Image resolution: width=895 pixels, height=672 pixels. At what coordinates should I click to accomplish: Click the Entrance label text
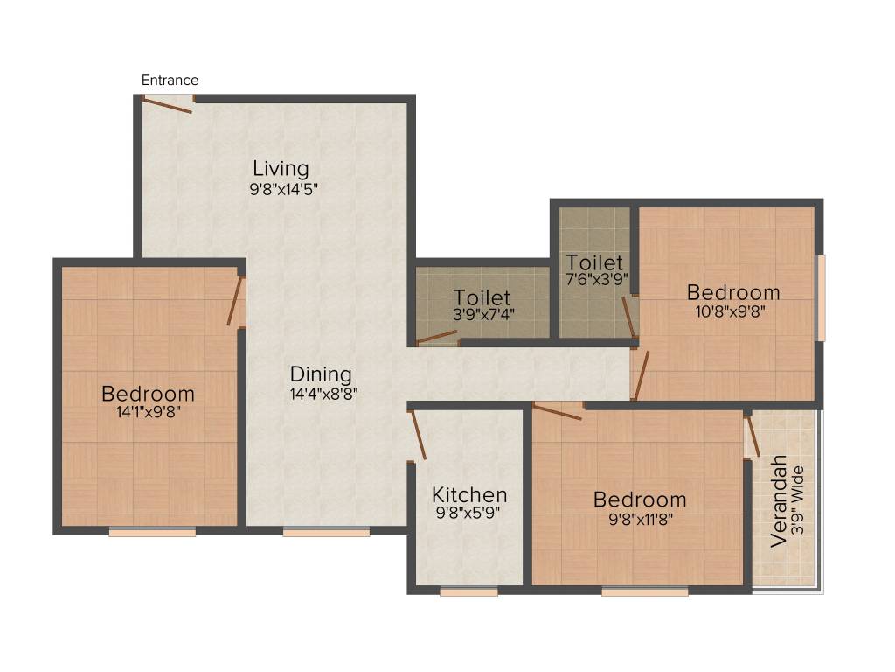tap(170, 80)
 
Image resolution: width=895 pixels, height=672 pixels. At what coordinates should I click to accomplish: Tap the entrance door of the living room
tap(168, 104)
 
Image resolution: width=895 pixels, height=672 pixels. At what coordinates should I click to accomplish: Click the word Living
tap(281, 167)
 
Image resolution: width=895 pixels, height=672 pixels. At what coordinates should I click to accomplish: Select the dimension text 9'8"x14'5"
tap(281, 187)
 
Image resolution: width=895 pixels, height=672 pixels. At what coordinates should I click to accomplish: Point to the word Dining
tap(321, 374)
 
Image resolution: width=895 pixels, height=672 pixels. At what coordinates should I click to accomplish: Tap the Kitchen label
tap(469, 495)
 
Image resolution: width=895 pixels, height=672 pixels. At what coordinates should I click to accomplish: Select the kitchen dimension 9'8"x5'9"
tap(469, 514)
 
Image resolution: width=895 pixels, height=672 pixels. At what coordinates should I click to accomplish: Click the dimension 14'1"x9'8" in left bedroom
tap(148, 412)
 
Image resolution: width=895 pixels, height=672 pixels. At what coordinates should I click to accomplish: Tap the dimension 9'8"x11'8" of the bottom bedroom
tap(640, 518)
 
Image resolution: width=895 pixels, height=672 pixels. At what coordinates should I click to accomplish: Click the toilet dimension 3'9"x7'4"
tap(482, 317)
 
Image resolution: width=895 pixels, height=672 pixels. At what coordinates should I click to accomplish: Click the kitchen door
tap(417, 433)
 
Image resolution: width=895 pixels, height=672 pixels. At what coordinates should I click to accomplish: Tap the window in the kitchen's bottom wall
tap(468, 592)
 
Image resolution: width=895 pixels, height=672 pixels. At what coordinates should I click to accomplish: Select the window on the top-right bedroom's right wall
tap(820, 297)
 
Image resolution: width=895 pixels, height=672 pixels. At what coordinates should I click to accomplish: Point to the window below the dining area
tap(326, 531)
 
